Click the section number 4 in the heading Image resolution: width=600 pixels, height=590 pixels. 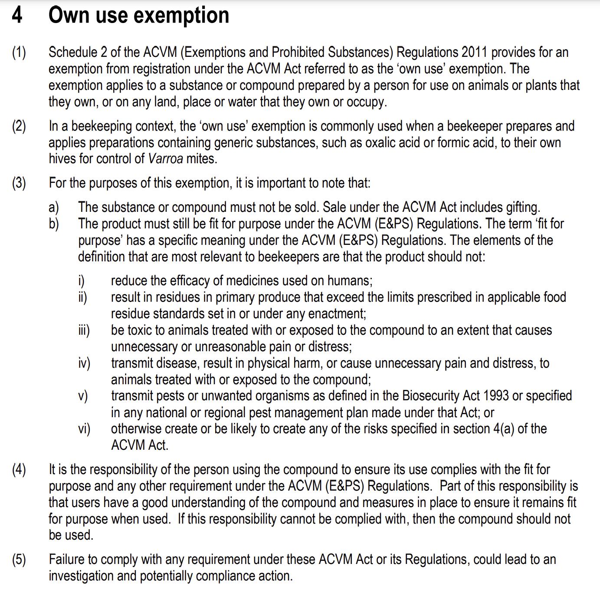17,15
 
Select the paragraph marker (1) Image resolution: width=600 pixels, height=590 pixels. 19,53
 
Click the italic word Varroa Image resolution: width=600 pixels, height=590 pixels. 165,159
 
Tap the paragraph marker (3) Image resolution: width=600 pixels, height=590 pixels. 19,183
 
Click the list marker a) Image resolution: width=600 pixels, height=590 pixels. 54,208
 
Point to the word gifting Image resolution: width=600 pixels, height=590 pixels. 523,208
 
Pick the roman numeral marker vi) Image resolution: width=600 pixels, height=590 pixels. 84,429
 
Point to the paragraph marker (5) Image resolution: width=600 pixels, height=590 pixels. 19,560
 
